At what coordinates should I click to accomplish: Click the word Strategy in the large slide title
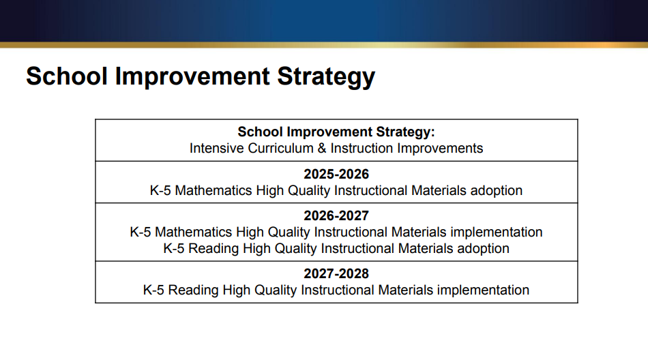coord(325,76)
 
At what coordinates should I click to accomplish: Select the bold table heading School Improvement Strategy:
coord(336,132)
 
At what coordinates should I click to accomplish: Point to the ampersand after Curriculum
coord(320,148)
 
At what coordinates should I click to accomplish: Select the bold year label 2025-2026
coord(336,174)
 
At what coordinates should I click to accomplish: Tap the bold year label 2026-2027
coord(336,215)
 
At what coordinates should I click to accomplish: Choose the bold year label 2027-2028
coord(336,273)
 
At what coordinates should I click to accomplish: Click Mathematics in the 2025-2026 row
coord(213,190)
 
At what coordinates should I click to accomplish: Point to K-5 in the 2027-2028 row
coord(153,290)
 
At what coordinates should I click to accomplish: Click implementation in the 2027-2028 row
coord(483,290)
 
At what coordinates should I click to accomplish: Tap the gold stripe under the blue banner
coord(324,44)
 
